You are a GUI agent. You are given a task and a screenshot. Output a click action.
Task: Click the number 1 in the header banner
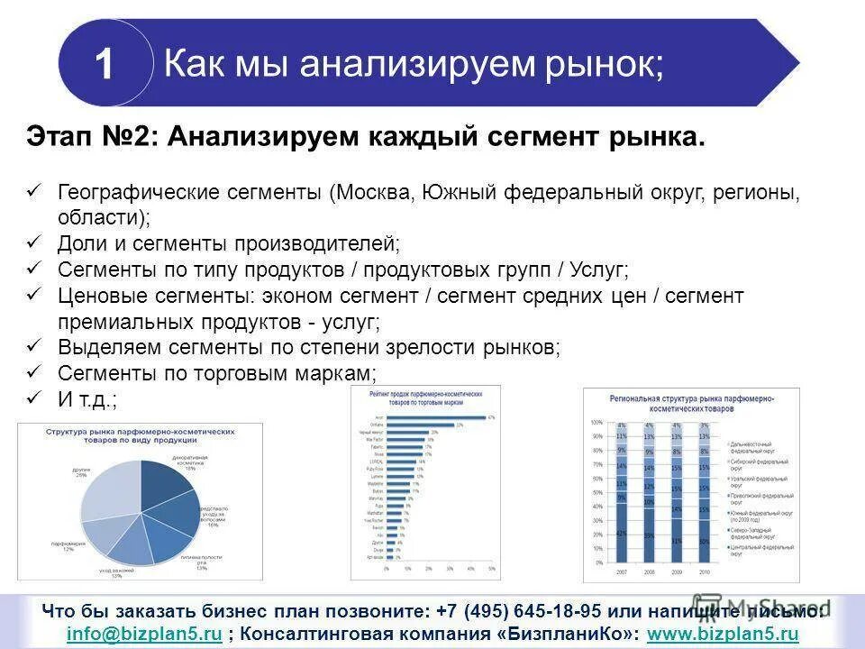pyautogui.click(x=105, y=64)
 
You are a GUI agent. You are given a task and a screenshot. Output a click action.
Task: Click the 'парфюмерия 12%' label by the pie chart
pyautogui.click(x=62, y=546)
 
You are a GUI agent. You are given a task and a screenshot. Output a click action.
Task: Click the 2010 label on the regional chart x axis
pyautogui.click(x=704, y=572)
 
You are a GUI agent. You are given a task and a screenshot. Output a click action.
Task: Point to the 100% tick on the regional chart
pyautogui.click(x=596, y=423)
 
